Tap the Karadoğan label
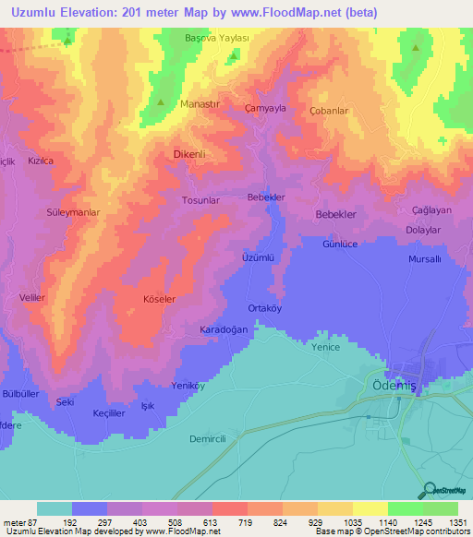pyautogui.click(x=224, y=329)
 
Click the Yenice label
pyautogui.click(x=326, y=347)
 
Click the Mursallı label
pyautogui.click(x=426, y=259)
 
